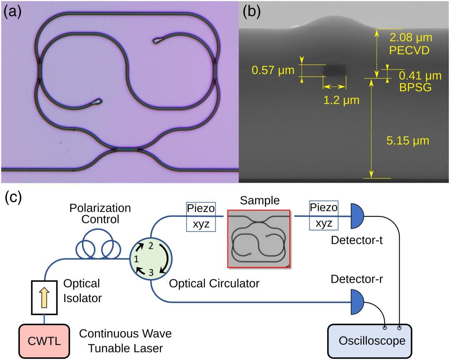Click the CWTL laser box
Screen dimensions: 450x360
pos(44,341)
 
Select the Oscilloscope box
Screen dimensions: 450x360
pos(370,341)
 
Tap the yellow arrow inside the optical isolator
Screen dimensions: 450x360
pos(44,298)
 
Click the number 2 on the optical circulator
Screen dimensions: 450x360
pos(151,246)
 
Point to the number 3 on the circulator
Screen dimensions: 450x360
pos(151,273)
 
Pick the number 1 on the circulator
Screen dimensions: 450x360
pos(136,259)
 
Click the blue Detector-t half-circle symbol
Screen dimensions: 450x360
pos(357,216)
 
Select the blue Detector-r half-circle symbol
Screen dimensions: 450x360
pos(357,302)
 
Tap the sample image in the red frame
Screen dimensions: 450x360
pos(259,239)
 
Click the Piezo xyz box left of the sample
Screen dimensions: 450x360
pos(201,217)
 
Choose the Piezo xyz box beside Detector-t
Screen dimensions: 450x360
pos(324,216)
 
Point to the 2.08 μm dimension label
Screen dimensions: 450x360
pos(411,38)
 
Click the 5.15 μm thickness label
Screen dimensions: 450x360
pos(408,140)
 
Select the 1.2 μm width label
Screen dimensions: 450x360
pos(341,100)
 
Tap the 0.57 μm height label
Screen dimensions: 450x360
pos(273,70)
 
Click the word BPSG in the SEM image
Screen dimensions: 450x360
pos(415,87)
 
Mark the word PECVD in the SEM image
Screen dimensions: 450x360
pos(409,50)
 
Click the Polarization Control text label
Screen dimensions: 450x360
pos(100,214)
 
